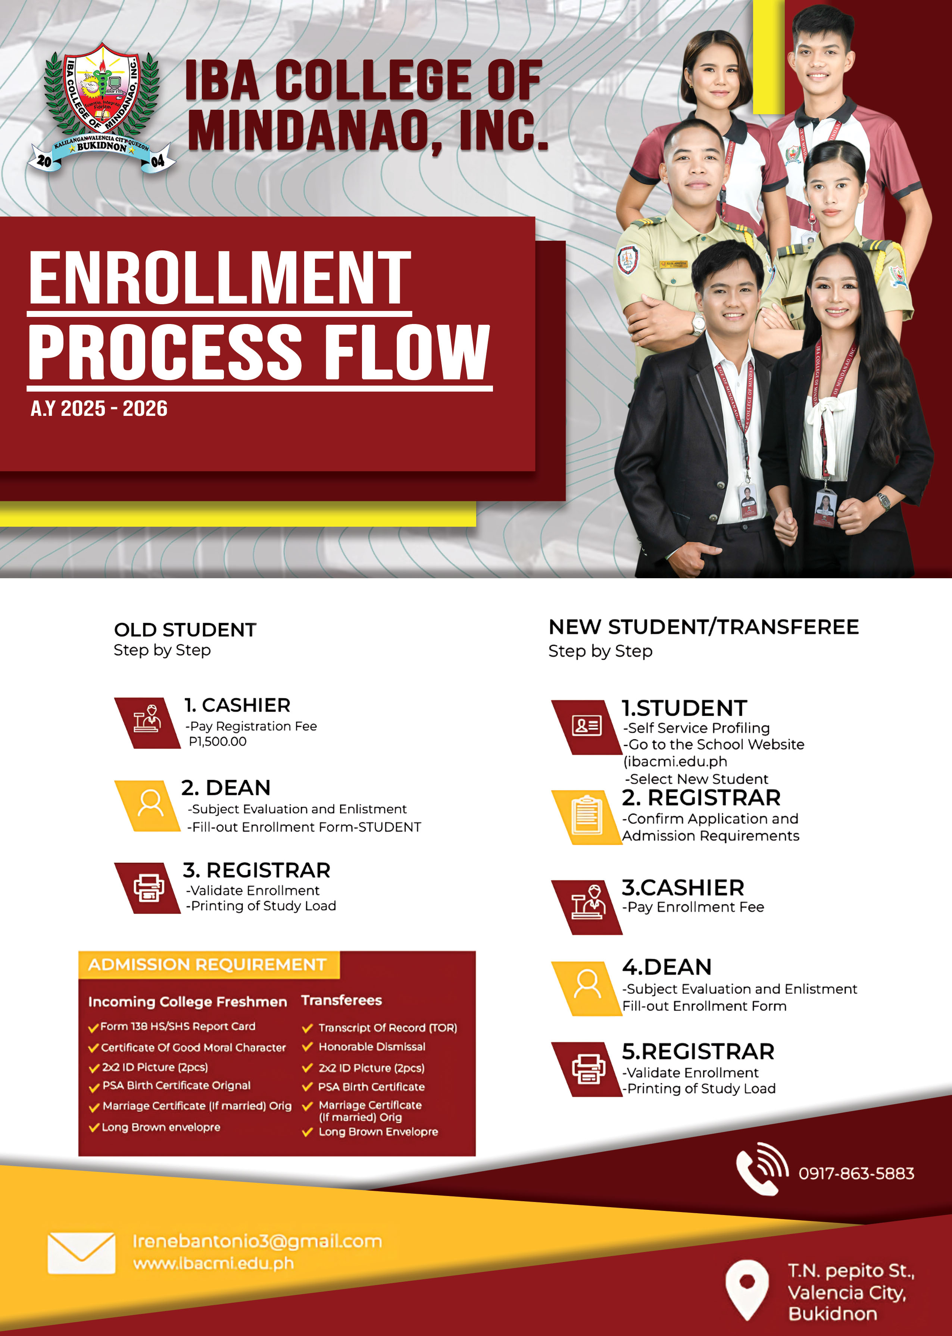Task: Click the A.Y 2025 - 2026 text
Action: (99, 409)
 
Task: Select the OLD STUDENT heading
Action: (185, 630)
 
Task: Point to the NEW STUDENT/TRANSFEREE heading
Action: (703, 627)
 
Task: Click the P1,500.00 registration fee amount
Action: (218, 742)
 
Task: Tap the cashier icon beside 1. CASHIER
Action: (147, 722)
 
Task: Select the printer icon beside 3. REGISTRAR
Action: (148, 888)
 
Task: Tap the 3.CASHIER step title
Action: (683, 888)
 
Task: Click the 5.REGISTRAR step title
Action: (697, 1052)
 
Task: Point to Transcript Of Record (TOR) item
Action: (387, 1028)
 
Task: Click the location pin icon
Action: (747, 1289)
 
